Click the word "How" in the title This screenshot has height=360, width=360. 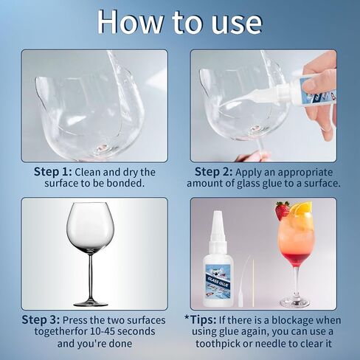click(130, 21)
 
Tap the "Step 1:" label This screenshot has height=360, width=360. click(53, 172)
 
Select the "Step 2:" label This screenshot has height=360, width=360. click(213, 172)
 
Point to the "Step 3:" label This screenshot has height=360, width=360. click(41, 319)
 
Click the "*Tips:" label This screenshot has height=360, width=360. click(201, 319)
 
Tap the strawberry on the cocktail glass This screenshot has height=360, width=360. click(282, 210)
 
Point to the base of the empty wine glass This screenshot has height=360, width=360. click(91, 304)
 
